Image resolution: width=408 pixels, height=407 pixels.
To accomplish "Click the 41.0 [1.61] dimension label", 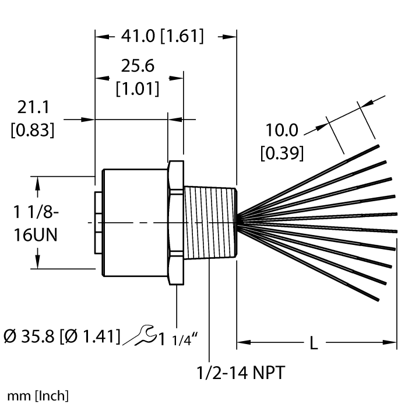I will tap(162, 37).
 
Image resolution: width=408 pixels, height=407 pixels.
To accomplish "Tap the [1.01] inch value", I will tap(138, 89).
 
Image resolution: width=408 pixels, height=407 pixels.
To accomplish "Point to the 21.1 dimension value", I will tap(33, 107).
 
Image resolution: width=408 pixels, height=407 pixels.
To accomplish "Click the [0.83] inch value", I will tap(33, 129).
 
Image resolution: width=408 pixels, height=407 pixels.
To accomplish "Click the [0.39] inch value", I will tap(282, 153).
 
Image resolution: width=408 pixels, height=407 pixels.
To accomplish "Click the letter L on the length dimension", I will tap(314, 343).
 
